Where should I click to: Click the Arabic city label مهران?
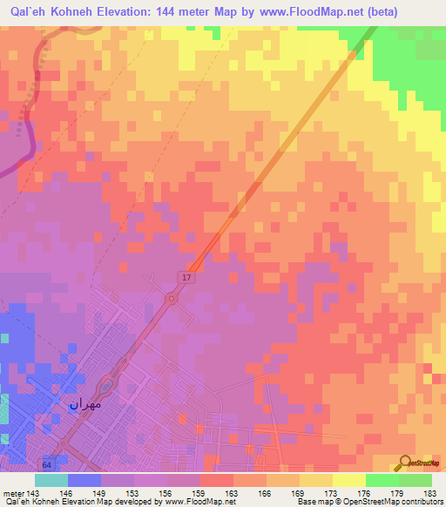tap(85, 404)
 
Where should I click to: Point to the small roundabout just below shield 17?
tap(172, 299)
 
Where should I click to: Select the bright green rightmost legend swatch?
tap(416, 480)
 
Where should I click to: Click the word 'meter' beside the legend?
tap(11, 492)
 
